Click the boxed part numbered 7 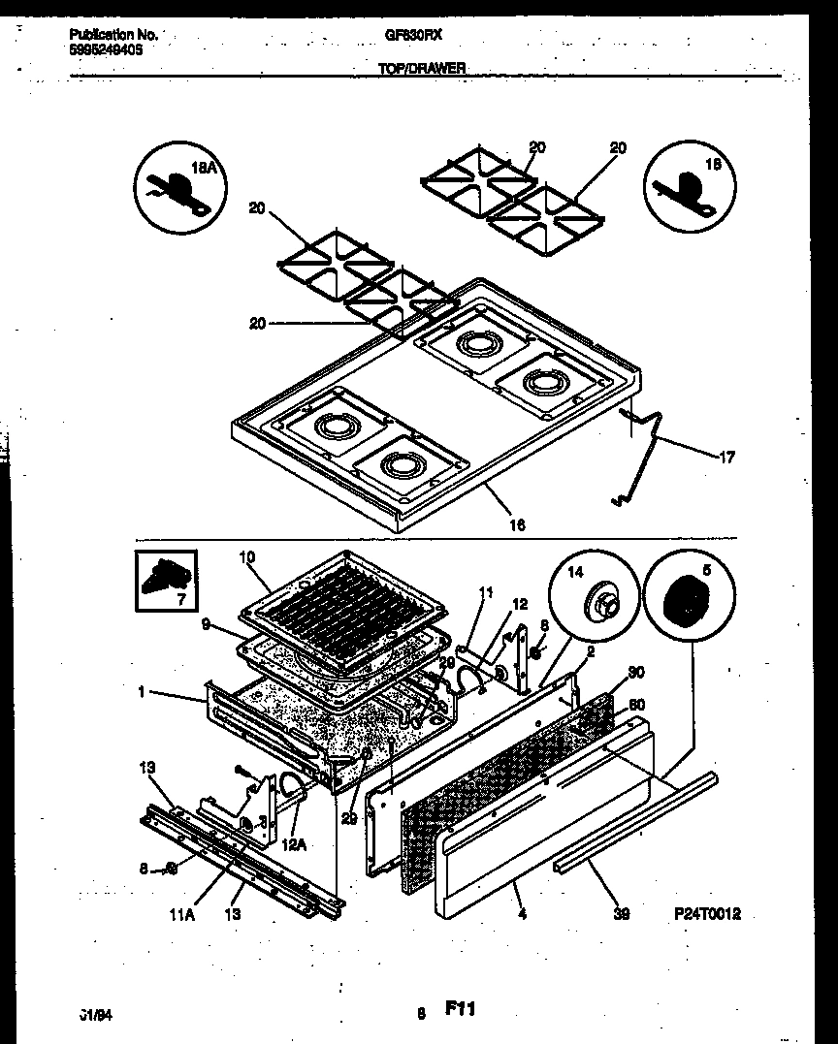point(166,581)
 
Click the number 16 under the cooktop point(517,524)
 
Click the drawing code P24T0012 point(713,914)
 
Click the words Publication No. point(113,34)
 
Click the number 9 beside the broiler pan point(206,626)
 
